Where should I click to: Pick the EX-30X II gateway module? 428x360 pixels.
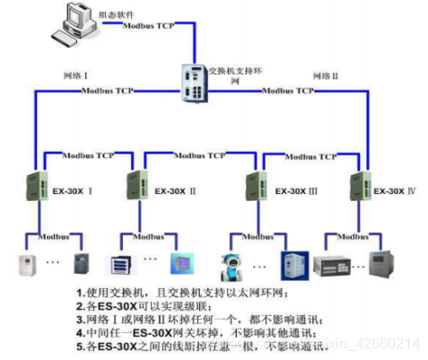click(x=138, y=186)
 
